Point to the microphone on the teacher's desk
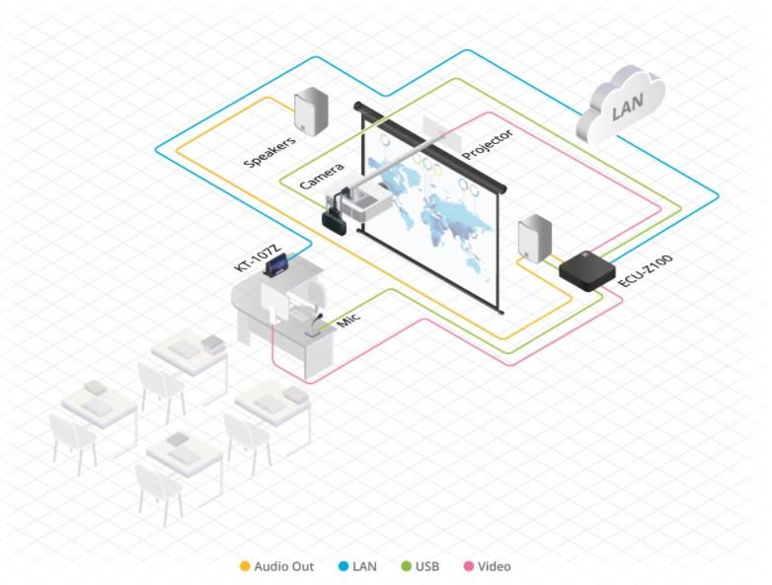322,325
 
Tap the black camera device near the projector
332,218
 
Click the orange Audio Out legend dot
245,566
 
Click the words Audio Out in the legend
283,566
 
